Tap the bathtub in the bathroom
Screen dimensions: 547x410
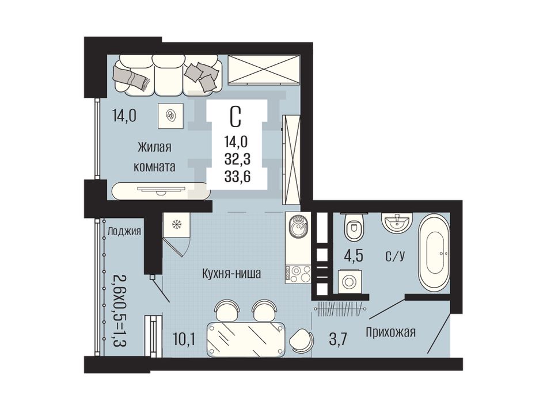click(434, 253)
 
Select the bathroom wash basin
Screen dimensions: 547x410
click(397, 222)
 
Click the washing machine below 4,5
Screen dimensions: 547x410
click(349, 282)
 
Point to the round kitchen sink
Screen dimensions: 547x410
click(298, 226)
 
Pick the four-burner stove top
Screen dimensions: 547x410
click(298, 273)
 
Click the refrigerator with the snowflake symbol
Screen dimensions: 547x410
click(177, 225)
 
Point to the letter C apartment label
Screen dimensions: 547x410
click(235, 117)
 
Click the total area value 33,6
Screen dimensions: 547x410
click(238, 177)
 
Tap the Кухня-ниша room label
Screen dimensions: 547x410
click(231, 274)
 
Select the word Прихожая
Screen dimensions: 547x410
click(391, 332)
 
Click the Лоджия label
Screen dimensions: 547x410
click(124, 231)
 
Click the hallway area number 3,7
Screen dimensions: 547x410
click(339, 339)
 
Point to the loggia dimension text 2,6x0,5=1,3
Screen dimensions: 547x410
click(120, 310)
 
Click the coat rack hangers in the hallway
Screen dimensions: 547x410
click(341, 308)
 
